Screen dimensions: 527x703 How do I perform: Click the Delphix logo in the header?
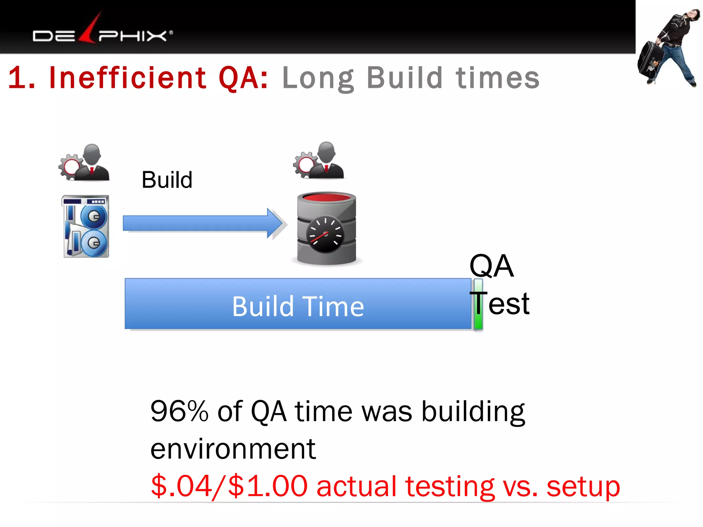pos(102,33)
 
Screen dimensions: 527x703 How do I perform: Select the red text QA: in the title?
pos(243,78)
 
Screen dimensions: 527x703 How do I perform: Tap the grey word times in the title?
pos(497,78)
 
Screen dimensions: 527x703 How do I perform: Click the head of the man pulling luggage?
pos(690,15)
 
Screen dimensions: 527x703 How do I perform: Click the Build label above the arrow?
pos(167,180)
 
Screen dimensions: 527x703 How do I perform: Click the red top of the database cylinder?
pos(326,198)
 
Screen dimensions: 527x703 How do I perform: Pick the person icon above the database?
pos(319,160)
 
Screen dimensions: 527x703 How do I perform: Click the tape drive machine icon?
pos(86,226)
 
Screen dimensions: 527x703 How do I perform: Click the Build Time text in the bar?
pos(298,306)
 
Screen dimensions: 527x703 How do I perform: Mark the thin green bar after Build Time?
pos(478,304)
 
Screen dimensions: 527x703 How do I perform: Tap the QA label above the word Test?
pos(491,266)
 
